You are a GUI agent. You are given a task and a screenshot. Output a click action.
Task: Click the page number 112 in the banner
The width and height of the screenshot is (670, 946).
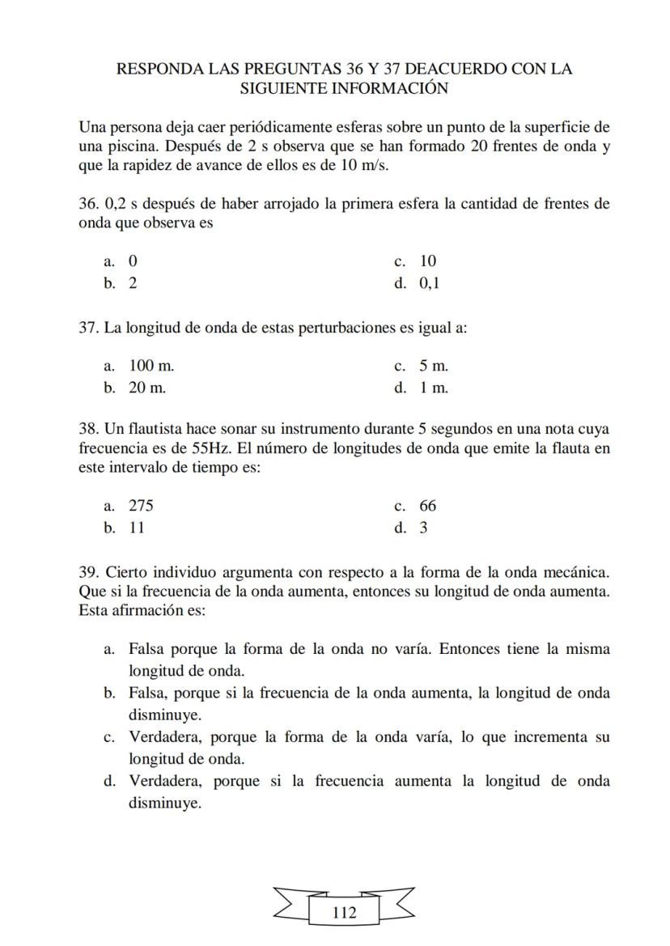tap(344, 913)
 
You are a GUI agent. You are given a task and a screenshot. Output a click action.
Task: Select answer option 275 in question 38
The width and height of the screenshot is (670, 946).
tap(141, 506)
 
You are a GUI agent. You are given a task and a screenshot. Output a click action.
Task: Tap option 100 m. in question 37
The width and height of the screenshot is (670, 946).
tap(151, 366)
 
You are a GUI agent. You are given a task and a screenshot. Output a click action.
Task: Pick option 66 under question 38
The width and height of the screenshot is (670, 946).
tap(427, 506)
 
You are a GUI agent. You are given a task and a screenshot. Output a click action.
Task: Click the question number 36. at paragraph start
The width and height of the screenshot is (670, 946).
tap(90, 204)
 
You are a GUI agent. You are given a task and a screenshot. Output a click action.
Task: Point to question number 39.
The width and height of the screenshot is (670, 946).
tap(90, 572)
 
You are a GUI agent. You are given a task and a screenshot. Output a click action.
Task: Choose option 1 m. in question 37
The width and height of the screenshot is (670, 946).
tap(433, 388)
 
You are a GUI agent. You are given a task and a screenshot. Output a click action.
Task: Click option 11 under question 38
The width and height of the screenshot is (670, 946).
tap(136, 528)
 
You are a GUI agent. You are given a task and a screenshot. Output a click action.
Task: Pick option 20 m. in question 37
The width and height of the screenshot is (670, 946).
tap(147, 388)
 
